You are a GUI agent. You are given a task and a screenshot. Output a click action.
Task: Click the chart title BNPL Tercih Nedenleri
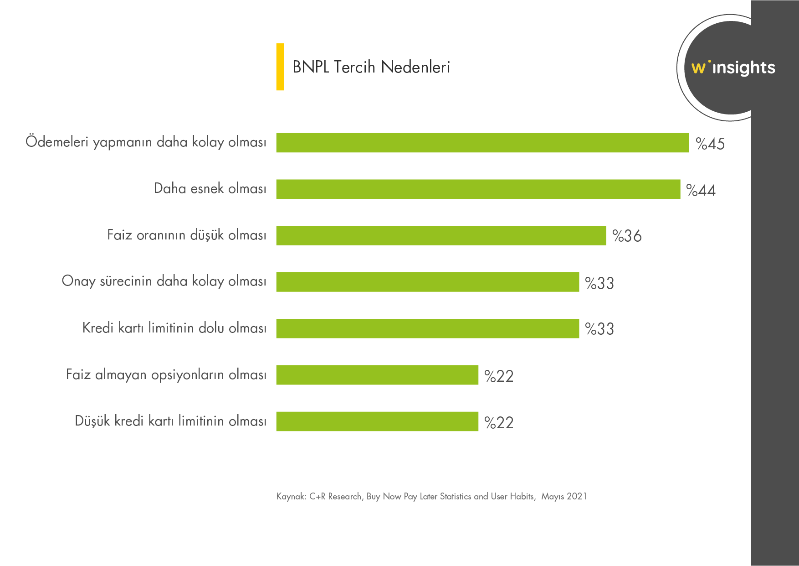[x=371, y=67]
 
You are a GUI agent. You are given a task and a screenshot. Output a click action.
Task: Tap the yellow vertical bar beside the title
[x=280, y=67]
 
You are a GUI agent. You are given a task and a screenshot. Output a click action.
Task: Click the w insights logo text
[x=733, y=68]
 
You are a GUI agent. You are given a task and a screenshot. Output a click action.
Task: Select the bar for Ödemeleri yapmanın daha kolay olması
[x=482, y=143]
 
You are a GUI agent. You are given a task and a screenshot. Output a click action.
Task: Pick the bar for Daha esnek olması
[x=478, y=189]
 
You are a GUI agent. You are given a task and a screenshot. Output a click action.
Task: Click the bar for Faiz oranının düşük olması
[x=441, y=235]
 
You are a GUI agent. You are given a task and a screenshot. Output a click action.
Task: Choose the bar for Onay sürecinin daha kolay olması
[x=427, y=282]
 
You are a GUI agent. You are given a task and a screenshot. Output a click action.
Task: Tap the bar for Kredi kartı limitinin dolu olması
[x=427, y=328]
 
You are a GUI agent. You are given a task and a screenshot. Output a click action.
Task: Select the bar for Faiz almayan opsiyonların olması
[x=377, y=375]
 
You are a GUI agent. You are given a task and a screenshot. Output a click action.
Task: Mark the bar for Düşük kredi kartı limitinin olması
[x=377, y=421]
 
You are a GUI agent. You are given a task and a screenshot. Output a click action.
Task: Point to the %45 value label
[x=710, y=144]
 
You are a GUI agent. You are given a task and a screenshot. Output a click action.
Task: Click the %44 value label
[x=701, y=190]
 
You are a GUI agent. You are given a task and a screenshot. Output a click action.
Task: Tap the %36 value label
[x=627, y=236]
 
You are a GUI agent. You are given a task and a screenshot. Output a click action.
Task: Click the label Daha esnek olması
[x=210, y=188]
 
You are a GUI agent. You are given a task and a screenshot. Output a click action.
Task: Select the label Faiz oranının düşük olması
[x=187, y=235]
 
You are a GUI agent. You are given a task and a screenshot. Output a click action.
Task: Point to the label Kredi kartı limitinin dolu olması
[x=174, y=328]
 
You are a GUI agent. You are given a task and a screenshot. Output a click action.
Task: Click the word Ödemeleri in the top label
[x=57, y=141]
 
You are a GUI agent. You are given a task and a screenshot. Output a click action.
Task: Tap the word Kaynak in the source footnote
[x=291, y=496]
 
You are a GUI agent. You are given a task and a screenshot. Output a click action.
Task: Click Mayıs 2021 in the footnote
[x=564, y=496]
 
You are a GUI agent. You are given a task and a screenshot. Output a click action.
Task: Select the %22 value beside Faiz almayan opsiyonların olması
[x=499, y=376]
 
